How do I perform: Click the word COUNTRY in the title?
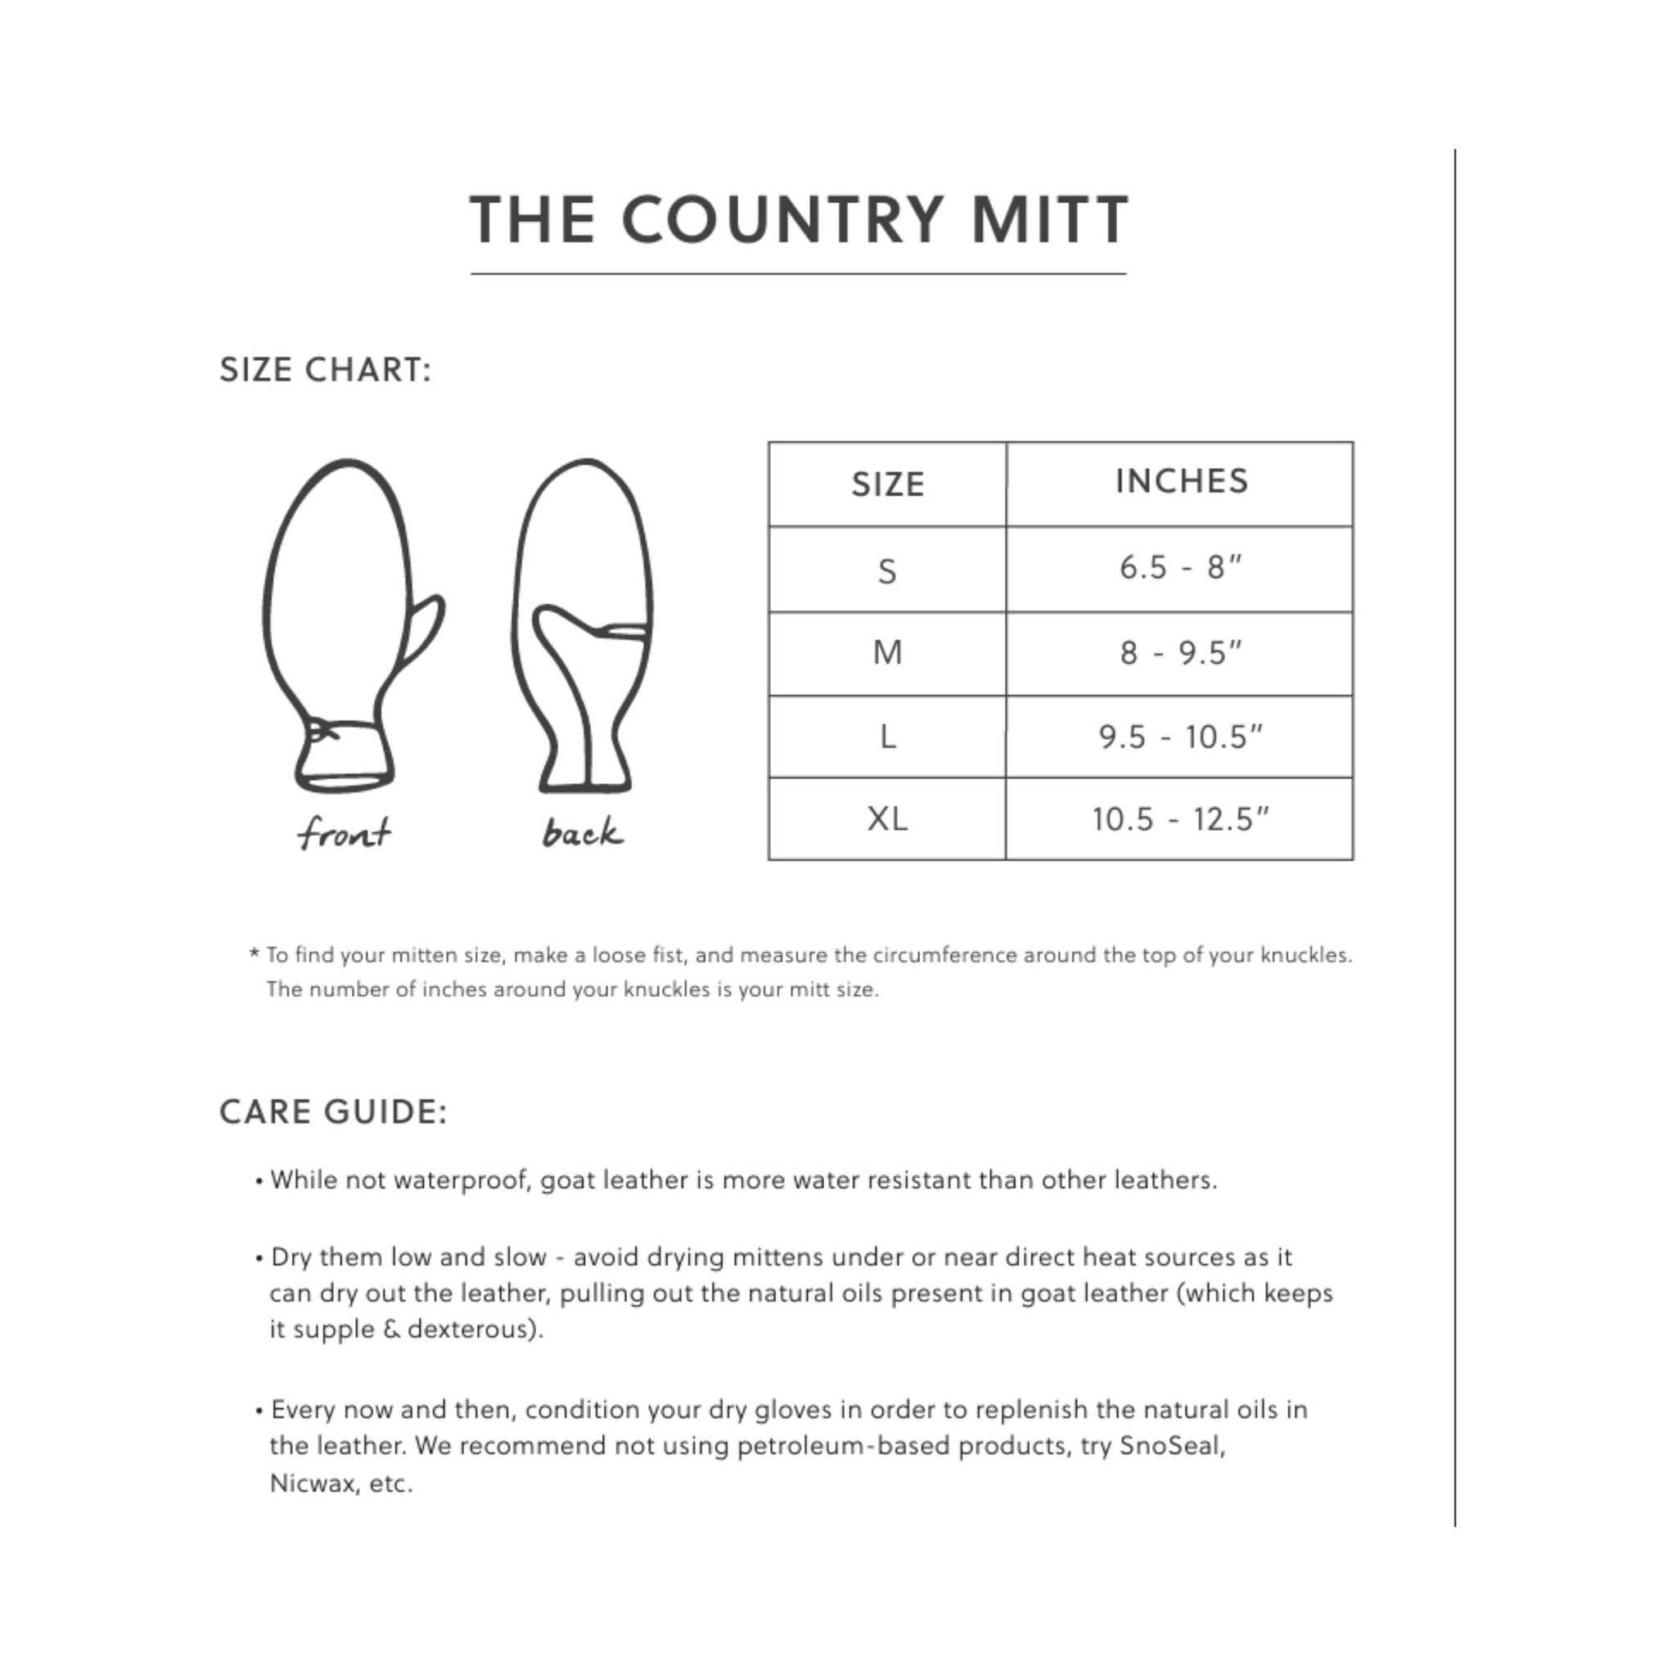(782, 219)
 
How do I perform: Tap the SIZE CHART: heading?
(326, 371)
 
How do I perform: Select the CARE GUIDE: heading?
(333, 1112)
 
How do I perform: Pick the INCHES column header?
(1181, 481)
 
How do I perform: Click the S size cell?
(886, 571)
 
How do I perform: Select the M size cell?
(887, 652)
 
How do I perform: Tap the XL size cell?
(886, 818)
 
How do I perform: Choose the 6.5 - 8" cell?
(1180, 568)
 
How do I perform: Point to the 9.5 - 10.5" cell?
(1180, 737)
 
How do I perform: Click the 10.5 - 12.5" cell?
(1180, 819)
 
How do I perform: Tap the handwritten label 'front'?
(344, 834)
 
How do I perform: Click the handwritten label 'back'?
(582, 833)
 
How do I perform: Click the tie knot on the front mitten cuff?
(322, 732)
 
